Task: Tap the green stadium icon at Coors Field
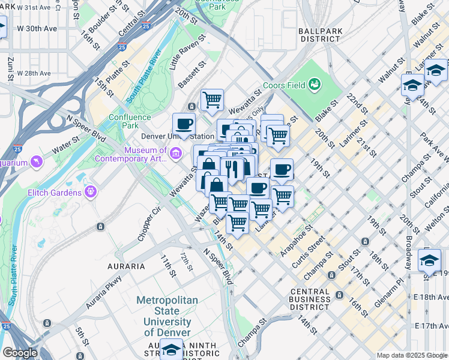(314, 84)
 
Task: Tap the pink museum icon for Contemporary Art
(175, 154)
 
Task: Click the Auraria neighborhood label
(125, 266)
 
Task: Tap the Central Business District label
(309, 299)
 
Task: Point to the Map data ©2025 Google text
(412, 355)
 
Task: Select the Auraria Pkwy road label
(105, 292)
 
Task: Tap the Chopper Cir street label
(150, 224)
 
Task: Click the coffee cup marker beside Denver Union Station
(184, 125)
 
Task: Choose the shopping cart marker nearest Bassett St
(212, 99)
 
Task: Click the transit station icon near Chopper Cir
(100, 227)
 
